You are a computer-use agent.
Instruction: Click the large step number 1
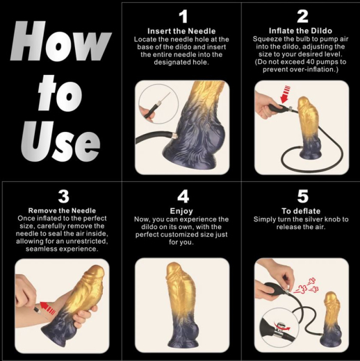(183, 17)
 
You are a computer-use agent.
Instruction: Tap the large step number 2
(302, 17)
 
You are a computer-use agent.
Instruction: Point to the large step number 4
(183, 196)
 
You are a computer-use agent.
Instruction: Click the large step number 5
(302, 196)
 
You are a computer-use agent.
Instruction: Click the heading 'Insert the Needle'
(183, 31)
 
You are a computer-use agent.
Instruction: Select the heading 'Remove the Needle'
(63, 210)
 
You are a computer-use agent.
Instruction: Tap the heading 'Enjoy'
(183, 210)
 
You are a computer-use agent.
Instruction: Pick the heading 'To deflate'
(302, 210)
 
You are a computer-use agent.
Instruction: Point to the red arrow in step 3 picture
(49, 303)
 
